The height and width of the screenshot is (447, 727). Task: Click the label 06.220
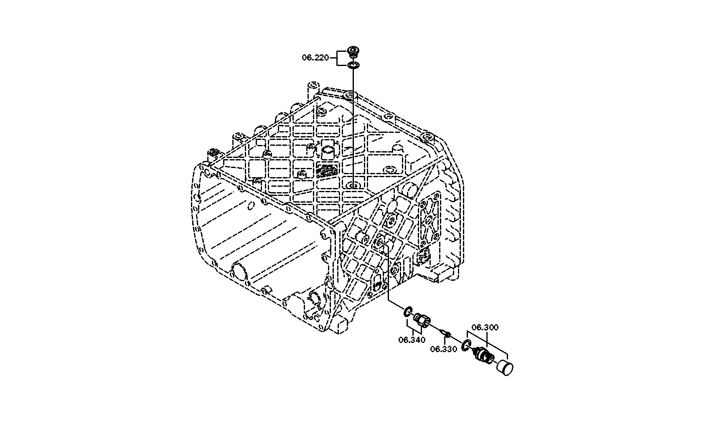click(315, 58)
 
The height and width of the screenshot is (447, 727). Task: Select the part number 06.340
click(412, 340)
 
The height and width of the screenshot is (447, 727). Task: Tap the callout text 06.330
click(444, 349)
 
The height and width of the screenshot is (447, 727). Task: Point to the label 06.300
click(485, 327)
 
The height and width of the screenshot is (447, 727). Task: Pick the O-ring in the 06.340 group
click(408, 312)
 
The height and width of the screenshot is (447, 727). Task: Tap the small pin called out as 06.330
click(445, 333)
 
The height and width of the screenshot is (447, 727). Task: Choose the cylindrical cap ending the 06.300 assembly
click(505, 368)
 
